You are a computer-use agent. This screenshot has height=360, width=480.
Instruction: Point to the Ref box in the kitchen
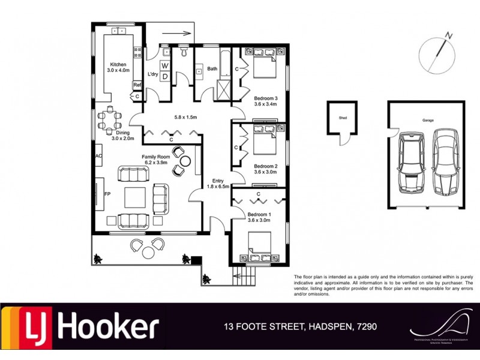(137, 85)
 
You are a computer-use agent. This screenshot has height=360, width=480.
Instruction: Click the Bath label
(212, 69)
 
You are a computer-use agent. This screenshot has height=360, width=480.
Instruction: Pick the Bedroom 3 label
(265, 98)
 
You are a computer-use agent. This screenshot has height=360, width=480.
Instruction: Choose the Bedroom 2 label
(265, 166)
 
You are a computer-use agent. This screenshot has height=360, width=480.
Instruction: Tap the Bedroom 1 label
(260, 214)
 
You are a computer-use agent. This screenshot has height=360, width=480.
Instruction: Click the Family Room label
(156, 157)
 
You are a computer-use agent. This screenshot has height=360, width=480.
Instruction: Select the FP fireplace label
(108, 195)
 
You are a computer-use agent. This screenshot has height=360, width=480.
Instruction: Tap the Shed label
(343, 118)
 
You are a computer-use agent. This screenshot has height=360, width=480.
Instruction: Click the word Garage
(428, 120)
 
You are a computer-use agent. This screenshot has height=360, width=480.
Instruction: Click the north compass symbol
(437, 53)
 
